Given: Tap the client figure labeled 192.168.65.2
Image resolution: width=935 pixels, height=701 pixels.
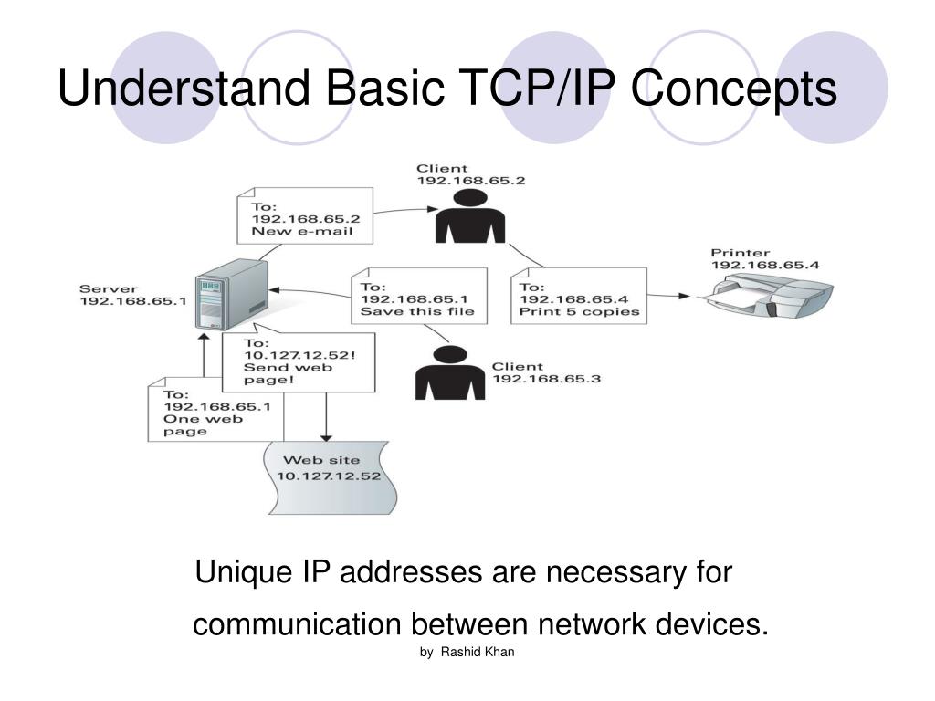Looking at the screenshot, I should click(x=470, y=219).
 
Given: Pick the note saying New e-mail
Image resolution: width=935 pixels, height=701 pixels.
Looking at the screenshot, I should click(x=305, y=215).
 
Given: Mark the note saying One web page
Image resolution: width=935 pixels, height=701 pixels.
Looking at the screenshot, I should click(x=215, y=412).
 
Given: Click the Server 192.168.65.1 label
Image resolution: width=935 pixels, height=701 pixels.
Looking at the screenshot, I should click(x=132, y=294).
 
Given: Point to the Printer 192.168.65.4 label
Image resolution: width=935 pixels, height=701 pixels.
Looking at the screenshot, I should click(x=765, y=258).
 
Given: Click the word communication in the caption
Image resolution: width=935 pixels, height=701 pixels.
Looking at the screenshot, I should click(x=297, y=625).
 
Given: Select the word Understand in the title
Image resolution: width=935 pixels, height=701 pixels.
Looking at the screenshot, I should click(x=183, y=89).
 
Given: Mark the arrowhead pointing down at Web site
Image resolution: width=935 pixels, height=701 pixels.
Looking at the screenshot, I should click(x=326, y=436).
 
